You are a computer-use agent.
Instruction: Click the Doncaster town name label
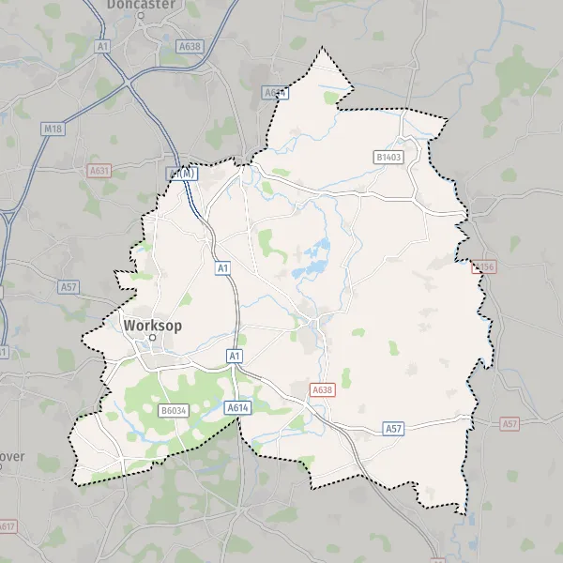pyautogui.click(x=141, y=5)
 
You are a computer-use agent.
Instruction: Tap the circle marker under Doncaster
pyautogui.click(x=140, y=17)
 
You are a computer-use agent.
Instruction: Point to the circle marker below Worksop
pyautogui.click(x=152, y=338)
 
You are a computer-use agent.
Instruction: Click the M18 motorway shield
pyautogui.click(x=53, y=128)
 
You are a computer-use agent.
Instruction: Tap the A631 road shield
pyautogui.click(x=99, y=171)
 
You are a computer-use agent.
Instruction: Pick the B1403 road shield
pyautogui.click(x=388, y=158)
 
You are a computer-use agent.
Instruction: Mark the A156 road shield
pyautogui.click(x=482, y=267)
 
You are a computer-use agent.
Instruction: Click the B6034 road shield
pyautogui.click(x=175, y=411)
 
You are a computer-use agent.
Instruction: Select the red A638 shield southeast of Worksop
pyautogui.click(x=323, y=389)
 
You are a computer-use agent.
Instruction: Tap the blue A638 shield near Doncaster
pyautogui.click(x=190, y=44)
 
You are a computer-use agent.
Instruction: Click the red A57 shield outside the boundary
pyautogui.click(x=510, y=424)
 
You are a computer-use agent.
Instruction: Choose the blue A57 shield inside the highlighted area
pyautogui.click(x=394, y=428)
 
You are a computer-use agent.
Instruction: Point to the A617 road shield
pyautogui.click(x=7, y=526)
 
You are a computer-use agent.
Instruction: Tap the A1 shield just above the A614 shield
pyautogui.click(x=235, y=356)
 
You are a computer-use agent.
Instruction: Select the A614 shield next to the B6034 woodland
pyautogui.click(x=236, y=407)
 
